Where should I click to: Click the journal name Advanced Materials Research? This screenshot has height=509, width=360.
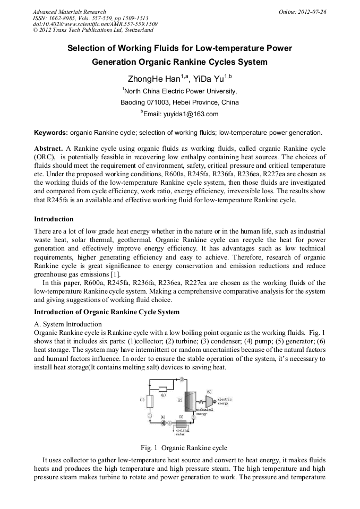click(x=69, y=11)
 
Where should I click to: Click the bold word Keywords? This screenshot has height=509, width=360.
click(x=50, y=132)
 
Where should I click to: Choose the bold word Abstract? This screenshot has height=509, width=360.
click(x=49, y=148)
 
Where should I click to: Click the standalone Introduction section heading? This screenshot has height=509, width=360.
click(x=54, y=219)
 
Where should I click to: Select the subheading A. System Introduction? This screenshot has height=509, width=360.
click(x=67, y=324)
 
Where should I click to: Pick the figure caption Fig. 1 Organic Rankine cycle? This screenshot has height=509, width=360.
click(x=179, y=447)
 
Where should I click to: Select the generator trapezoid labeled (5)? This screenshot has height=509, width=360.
click(x=209, y=401)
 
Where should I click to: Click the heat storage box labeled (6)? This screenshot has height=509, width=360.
click(x=163, y=389)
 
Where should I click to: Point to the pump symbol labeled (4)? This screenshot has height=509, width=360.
click(x=163, y=424)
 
